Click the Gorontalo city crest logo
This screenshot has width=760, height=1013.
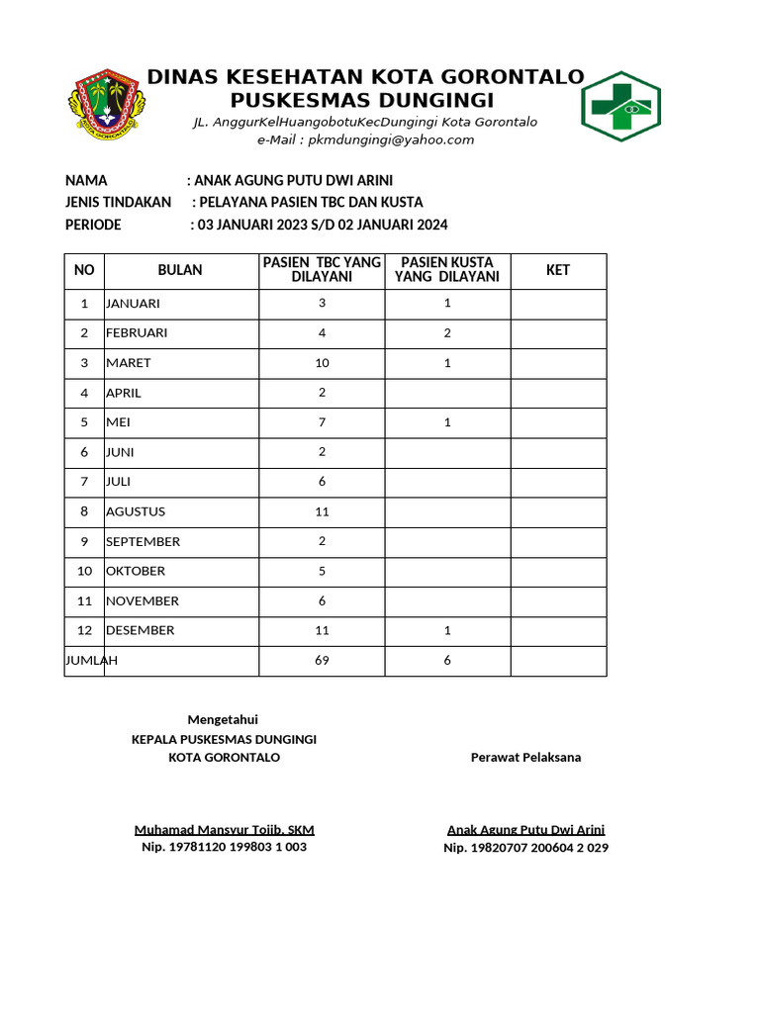[x=107, y=104]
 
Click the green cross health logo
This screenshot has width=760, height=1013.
[x=620, y=106]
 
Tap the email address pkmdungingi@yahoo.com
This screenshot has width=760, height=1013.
[x=365, y=139]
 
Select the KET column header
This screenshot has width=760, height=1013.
[x=558, y=270]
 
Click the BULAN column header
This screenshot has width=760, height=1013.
[x=180, y=270]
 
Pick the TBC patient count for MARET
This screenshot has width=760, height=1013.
[x=322, y=363]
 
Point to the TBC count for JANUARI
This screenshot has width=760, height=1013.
[x=322, y=303]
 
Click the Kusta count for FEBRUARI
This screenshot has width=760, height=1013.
[x=447, y=332]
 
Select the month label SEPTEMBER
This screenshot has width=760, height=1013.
[x=143, y=541]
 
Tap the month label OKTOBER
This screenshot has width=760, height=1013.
[x=136, y=571]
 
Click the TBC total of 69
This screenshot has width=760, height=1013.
[x=322, y=660]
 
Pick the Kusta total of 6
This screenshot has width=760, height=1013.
[x=447, y=660]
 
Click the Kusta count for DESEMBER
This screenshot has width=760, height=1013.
[x=447, y=630]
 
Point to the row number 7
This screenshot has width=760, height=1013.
[x=84, y=482]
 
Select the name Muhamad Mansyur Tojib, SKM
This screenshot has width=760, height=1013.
[x=225, y=830]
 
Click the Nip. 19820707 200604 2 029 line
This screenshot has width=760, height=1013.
[x=525, y=848]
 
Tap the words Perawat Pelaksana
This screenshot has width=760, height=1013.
[x=525, y=757]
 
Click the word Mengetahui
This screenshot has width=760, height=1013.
[x=223, y=719]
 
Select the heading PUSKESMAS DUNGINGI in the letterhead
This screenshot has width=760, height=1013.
[x=362, y=101]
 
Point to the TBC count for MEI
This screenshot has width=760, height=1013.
[x=322, y=422]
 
